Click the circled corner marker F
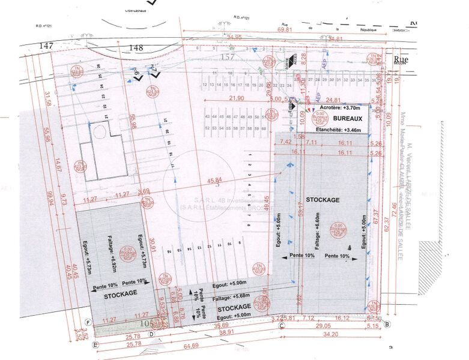pos(88,322)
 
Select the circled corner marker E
pos(95,345)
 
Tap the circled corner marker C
pos(282,326)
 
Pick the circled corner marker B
pos(387,325)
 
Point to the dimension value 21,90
pos(239,98)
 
